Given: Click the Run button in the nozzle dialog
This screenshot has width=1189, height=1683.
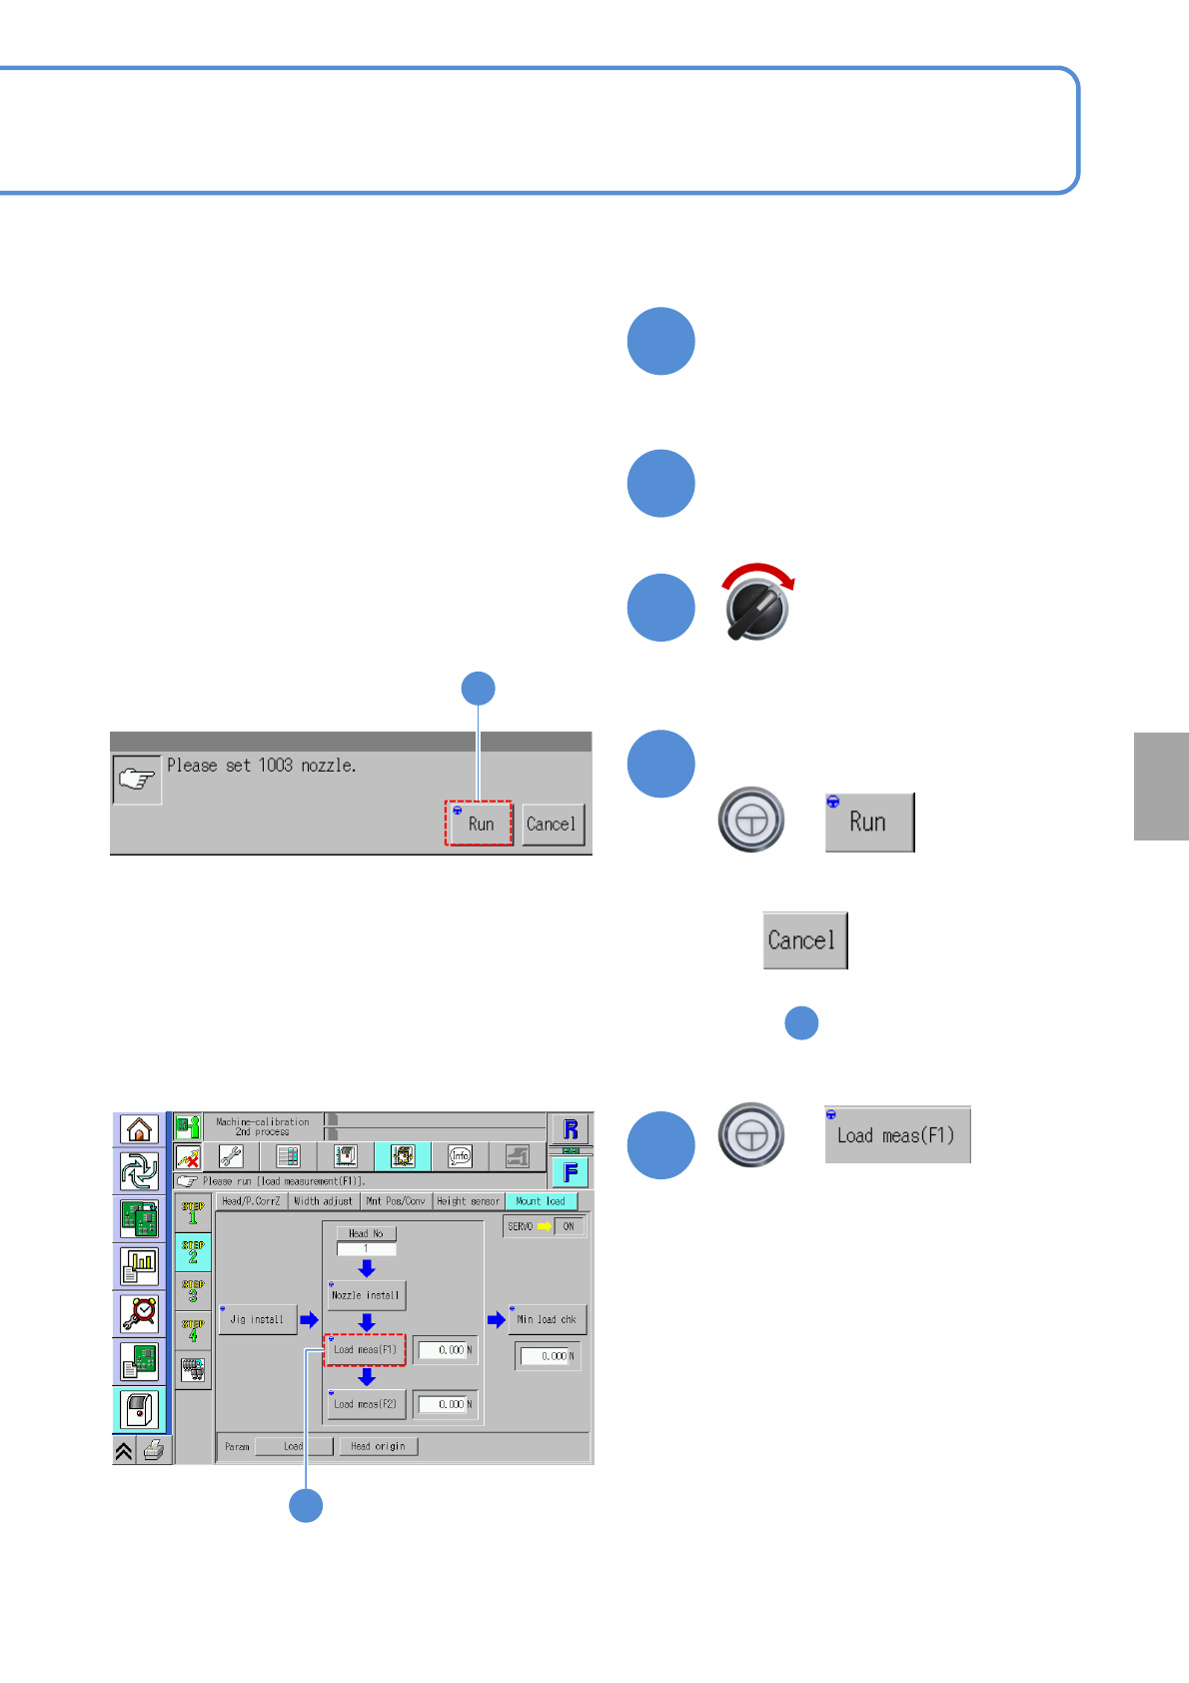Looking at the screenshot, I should pos(480,824).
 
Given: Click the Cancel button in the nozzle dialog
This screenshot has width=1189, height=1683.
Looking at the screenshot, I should pos(552,825).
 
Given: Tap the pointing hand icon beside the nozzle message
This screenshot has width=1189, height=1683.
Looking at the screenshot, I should pos(137,780).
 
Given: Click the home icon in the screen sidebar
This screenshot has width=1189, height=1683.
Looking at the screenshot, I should pos(139,1129).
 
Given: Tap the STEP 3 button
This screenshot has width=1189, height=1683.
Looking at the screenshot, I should pos(193,1291).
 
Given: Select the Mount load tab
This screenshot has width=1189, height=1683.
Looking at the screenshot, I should pos(541,1201).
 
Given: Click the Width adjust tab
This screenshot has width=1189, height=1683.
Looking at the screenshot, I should pos(323,1201).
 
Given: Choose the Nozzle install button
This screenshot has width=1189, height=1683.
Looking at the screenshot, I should pos(366,1295).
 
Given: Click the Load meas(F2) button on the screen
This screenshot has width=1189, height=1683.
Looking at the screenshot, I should pos(366,1404).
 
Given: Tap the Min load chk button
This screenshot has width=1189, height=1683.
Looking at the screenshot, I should pos(547,1319).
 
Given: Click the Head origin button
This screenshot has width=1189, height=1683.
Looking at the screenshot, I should pos(378,1446).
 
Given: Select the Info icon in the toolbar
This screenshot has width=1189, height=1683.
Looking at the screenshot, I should pos(460,1156).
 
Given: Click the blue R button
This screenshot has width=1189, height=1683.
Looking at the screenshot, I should pos(571,1129).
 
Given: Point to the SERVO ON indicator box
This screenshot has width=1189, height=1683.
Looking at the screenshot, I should pos(569,1226).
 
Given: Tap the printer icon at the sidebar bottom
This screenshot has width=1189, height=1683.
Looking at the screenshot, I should pos(154,1450).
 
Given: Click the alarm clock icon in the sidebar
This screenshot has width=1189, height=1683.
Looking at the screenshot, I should pos(140,1313).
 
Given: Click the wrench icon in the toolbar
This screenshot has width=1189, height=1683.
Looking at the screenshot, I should pos(231,1156).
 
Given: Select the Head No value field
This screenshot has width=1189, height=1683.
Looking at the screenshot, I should pos(366,1249).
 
